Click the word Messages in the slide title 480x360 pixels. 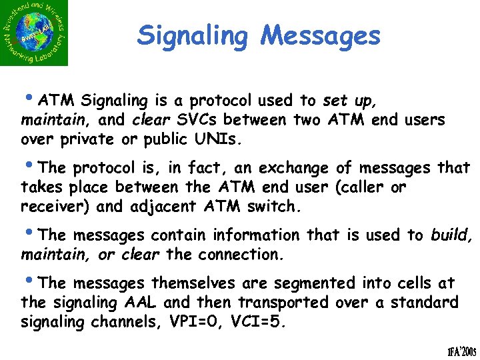coord(321,36)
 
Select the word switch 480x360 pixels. coord(274,207)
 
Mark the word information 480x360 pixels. coord(257,235)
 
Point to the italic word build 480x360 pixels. coord(449,235)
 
